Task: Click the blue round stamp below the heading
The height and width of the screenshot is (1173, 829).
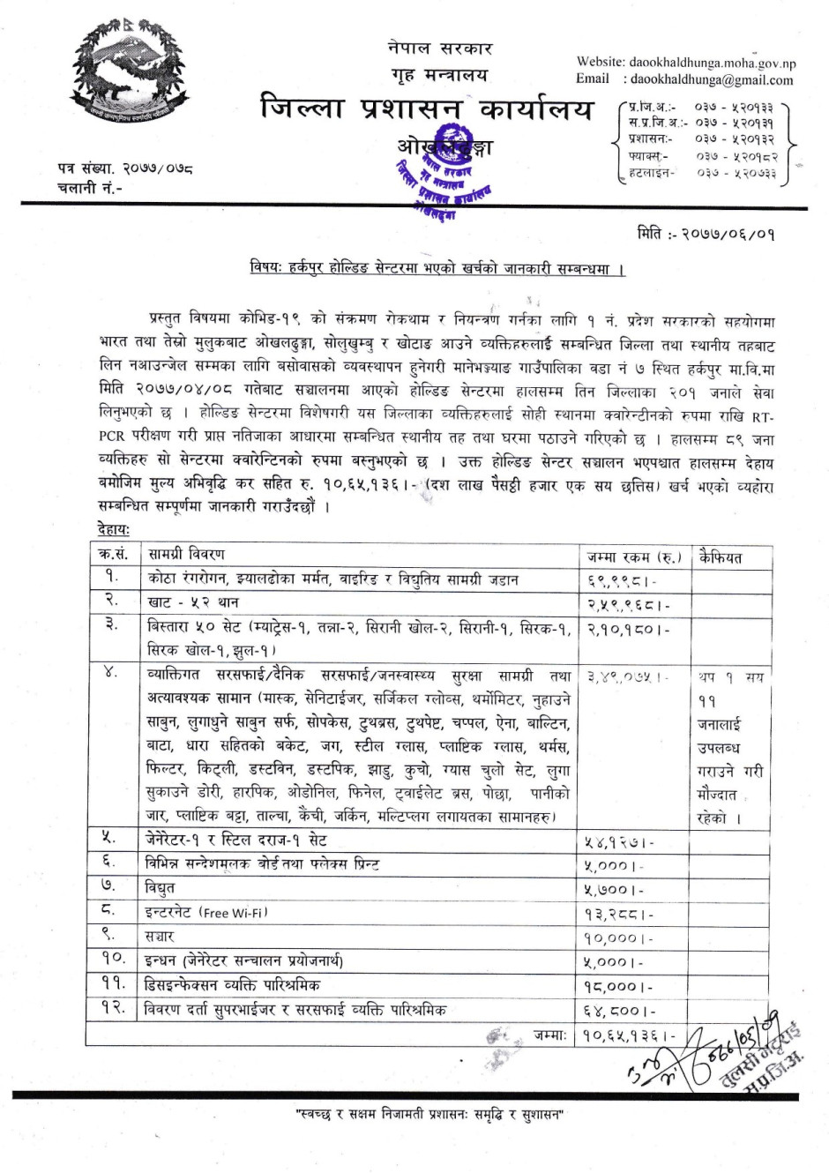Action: click(x=443, y=182)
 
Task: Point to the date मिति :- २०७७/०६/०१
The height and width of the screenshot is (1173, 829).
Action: click(x=705, y=235)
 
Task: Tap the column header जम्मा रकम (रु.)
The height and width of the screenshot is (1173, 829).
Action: click(x=634, y=557)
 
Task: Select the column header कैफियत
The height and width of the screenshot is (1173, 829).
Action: click(x=720, y=557)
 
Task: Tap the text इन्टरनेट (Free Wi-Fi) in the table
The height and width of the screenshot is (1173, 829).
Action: click(x=207, y=912)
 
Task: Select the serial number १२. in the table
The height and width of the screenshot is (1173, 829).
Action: click(x=112, y=1008)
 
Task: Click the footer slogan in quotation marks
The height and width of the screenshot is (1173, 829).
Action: click(x=429, y=1116)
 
